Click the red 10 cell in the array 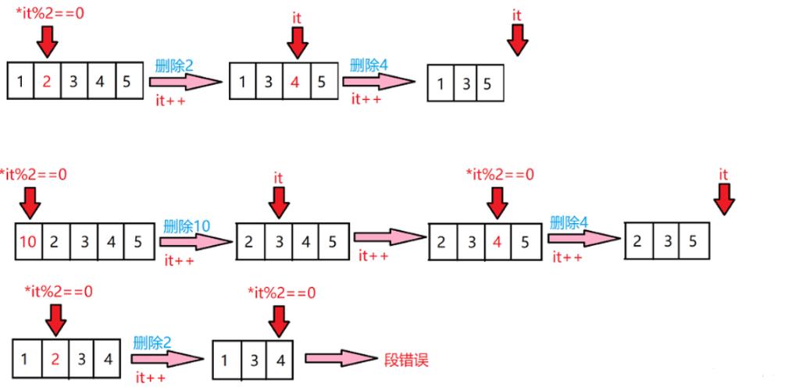pos(27,242)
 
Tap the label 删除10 pos(187,226)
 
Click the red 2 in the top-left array pos(47,80)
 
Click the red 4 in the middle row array pos(497,242)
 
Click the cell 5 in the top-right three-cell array pos(487,83)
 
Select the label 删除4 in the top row pos(368,65)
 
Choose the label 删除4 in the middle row pos(569,222)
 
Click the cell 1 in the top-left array pos(20,80)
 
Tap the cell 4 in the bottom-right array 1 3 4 pos(280,360)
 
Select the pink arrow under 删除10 pos(195,242)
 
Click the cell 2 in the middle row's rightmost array pos(638,241)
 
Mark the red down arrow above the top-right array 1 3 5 pos(516,39)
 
